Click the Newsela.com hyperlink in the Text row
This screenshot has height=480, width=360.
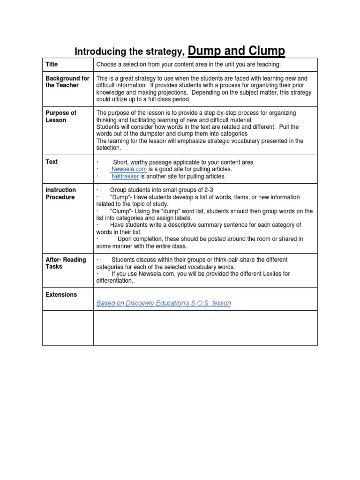pos(129,169)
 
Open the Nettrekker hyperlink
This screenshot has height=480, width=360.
pos(125,177)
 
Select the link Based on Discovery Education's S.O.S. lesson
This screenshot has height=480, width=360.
pos(164,303)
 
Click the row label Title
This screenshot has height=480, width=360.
pos(52,64)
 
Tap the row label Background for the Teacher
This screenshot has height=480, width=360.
pos(67,82)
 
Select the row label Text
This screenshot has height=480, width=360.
pos(52,162)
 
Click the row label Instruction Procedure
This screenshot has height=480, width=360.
pos(60,194)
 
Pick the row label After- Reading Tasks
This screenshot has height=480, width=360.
pos(66,263)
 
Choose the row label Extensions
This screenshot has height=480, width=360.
pos(61,295)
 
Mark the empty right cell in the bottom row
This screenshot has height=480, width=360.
pos(205,328)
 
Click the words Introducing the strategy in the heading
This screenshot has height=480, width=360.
pos(129,52)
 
